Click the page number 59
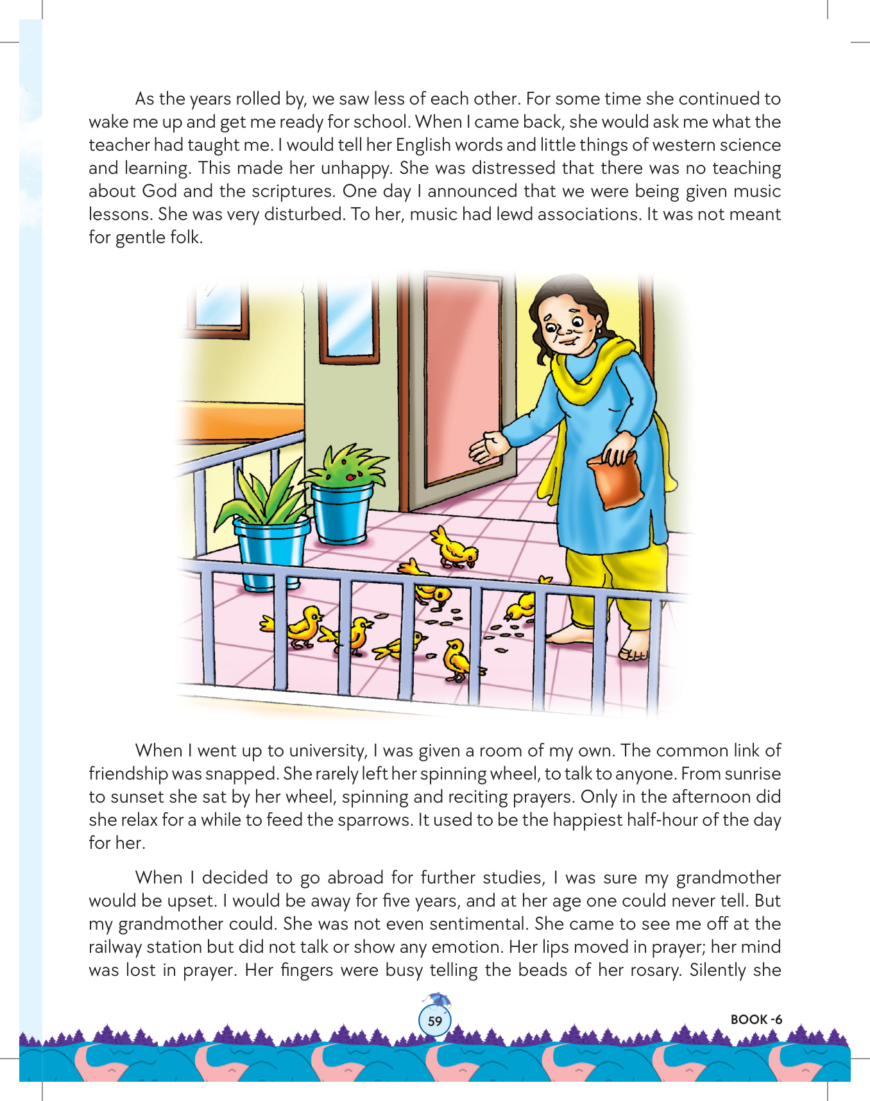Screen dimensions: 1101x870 pyautogui.click(x=435, y=1021)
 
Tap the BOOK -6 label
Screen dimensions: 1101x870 pyautogui.click(x=756, y=1020)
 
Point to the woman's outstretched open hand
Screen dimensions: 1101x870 pyautogui.click(x=488, y=447)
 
